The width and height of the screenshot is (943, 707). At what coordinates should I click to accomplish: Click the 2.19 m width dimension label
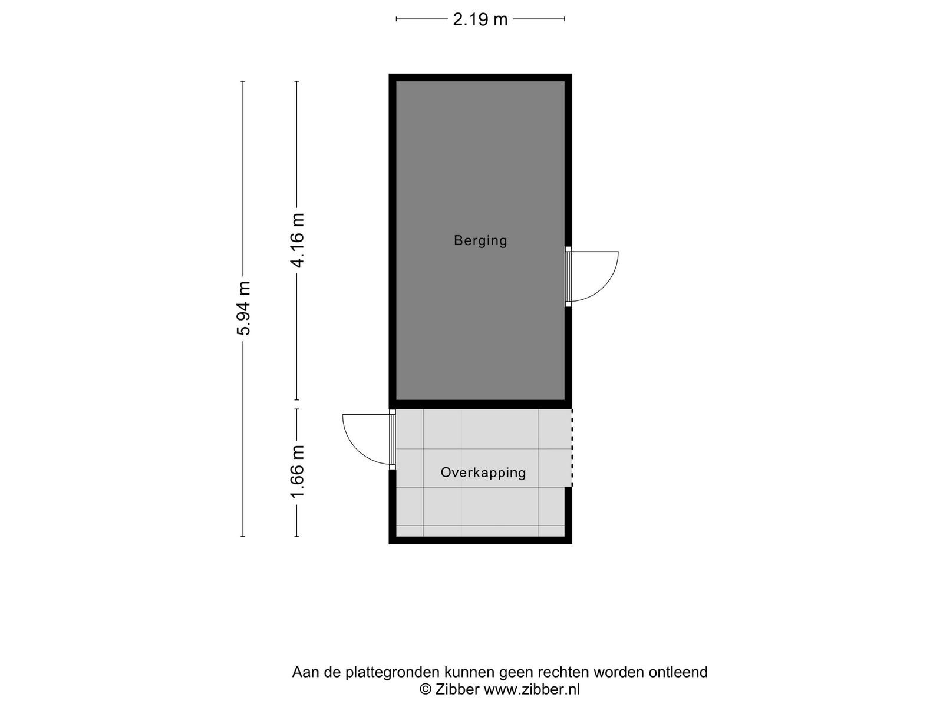[x=480, y=19]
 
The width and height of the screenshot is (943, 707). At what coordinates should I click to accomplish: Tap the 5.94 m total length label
[x=243, y=308]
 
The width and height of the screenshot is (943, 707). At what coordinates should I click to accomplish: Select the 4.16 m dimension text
[x=297, y=240]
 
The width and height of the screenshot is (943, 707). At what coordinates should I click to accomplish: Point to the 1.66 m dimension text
[x=297, y=472]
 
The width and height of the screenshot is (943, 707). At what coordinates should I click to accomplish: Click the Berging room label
[x=480, y=240]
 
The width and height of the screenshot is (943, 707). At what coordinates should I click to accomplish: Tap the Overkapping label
[x=483, y=472]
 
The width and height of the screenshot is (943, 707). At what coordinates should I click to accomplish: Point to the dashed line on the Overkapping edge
[x=572, y=448]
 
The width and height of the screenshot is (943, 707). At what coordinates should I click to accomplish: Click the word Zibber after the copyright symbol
[x=457, y=689]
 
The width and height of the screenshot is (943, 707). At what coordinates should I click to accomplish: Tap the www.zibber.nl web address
[x=532, y=689]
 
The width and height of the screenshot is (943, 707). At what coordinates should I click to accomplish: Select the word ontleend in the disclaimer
[x=678, y=672]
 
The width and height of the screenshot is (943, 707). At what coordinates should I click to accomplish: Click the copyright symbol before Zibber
[x=426, y=689]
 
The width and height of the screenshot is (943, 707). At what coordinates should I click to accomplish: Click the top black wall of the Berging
[x=480, y=77]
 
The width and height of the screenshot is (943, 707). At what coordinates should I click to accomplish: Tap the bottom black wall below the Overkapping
[x=480, y=540]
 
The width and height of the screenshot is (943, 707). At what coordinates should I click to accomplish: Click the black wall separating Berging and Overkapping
[x=480, y=404]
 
